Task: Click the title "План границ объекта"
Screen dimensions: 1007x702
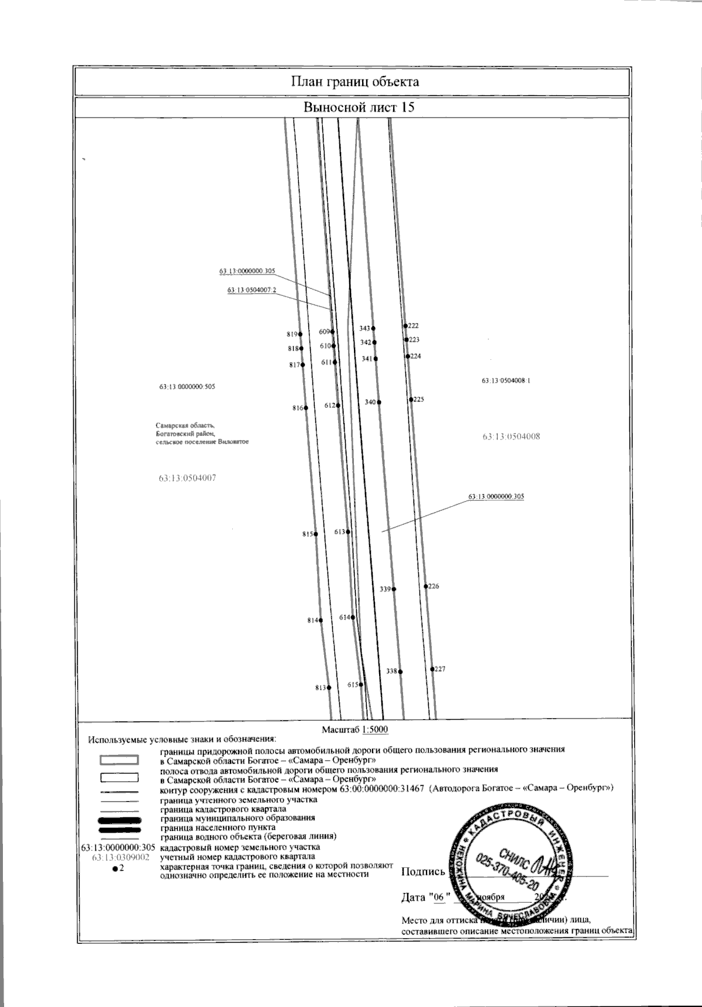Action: coord(355,81)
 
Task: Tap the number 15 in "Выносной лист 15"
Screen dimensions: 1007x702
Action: coord(408,108)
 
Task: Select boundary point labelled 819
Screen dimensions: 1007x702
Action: coord(301,334)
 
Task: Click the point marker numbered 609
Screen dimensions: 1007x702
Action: coord(332,331)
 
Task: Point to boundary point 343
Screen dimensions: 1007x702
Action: coord(373,328)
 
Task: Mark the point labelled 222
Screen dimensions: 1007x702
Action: coord(405,325)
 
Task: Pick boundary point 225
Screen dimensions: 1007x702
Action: coord(411,399)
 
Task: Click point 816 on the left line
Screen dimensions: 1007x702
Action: coord(306,408)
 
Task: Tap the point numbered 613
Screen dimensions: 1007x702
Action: coord(348,532)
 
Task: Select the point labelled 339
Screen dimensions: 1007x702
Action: coord(394,589)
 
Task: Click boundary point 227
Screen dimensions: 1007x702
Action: coord(432,669)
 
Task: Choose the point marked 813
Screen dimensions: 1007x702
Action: coord(329,688)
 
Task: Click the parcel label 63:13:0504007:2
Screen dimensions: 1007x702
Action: coord(252,290)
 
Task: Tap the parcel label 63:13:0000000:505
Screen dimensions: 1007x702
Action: coord(187,387)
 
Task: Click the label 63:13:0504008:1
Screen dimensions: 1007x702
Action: coord(505,380)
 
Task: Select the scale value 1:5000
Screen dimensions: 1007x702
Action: coord(376,730)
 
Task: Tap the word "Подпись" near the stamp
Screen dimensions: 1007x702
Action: coord(423,872)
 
